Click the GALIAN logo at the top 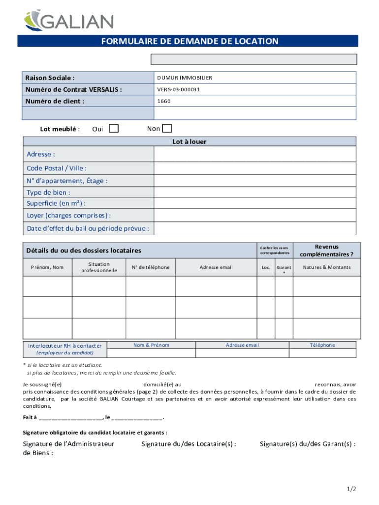[x=69, y=21]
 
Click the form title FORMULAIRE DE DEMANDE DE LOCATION [x=189, y=41]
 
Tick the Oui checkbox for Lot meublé [x=114, y=129]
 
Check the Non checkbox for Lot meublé [x=167, y=129]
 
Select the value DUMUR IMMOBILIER [x=185, y=78]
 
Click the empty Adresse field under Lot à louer [x=254, y=154]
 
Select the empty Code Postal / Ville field [x=254, y=168]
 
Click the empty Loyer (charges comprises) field [x=254, y=216]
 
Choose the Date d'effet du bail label [x=88, y=228]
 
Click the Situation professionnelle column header [x=99, y=267]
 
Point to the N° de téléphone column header [x=151, y=267]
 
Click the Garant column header [x=284, y=269]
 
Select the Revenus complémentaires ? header [x=326, y=251]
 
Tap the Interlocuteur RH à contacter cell [x=65, y=349]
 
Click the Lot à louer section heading [x=189, y=142]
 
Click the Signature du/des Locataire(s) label [x=189, y=444]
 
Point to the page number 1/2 [x=350, y=489]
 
